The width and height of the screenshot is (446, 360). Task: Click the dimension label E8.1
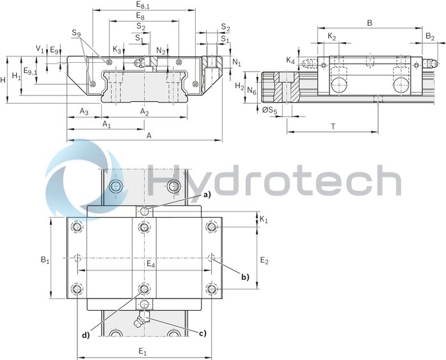[143, 5]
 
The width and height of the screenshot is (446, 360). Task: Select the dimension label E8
[141, 16]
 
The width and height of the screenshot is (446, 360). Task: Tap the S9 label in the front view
[76, 33]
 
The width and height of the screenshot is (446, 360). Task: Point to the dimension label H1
[17, 76]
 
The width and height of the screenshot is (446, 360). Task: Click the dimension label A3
[84, 112]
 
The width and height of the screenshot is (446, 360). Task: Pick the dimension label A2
[145, 112]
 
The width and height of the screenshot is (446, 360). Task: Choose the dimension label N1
[237, 63]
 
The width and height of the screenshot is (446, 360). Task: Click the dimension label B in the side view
[369, 23]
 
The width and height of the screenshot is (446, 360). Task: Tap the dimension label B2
[431, 37]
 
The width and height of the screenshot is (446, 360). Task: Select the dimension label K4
[291, 61]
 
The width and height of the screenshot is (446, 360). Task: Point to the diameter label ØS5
[270, 111]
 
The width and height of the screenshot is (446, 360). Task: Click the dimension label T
[333, 126]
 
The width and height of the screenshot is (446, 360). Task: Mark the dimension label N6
[252, 92]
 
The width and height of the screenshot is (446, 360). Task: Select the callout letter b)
[244, 277]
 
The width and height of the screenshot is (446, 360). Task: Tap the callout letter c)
[202, 333]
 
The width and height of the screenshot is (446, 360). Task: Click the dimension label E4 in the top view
[150, 264]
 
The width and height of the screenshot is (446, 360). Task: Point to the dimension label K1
[264, 219]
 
